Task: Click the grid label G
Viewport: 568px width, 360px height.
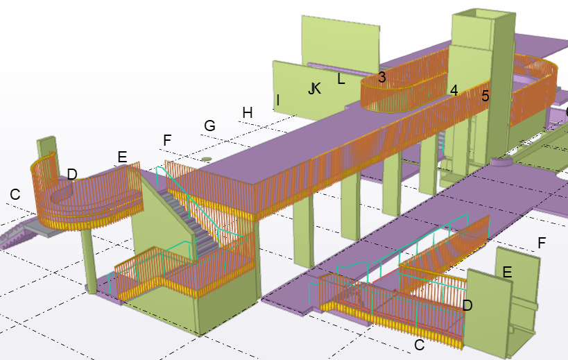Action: tap(209, 126)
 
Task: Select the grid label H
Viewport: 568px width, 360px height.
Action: tap(248, 112)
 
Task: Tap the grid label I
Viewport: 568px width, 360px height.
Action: tap(278, 101)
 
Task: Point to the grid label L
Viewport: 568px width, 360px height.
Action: tap(341, 79)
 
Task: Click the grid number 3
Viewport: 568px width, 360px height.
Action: tap(381, 78)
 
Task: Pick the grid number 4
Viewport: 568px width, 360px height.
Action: tap(454, 90)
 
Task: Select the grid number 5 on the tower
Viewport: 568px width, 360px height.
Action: tap(485, 96)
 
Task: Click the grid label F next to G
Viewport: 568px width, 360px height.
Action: tap(166, 141)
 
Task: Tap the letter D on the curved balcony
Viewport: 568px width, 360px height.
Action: tap(72, 173)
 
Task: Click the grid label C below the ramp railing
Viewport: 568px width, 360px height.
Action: tap(419, 345)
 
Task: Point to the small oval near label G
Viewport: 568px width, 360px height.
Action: tap(205, 159)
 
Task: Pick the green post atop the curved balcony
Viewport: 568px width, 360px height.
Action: tap(47, 147)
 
